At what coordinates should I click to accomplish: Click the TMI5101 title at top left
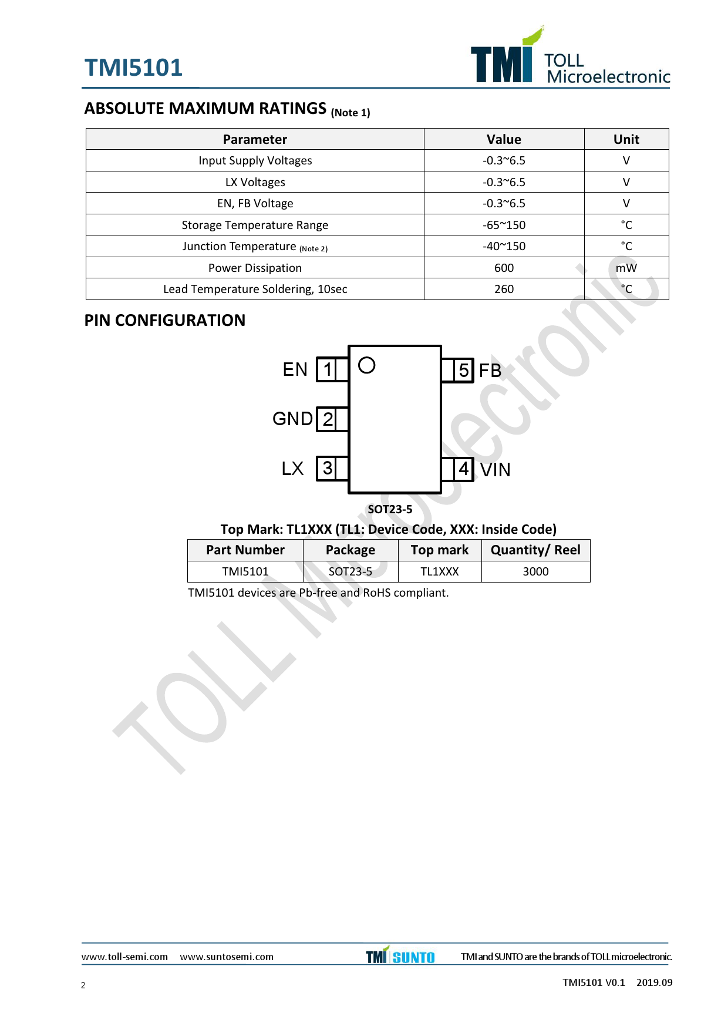133,68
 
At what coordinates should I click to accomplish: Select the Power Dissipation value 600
504,268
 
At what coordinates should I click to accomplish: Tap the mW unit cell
626,268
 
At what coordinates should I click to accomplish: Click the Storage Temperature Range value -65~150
504,225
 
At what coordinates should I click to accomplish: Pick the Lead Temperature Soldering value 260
504,289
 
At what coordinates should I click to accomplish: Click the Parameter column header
255,139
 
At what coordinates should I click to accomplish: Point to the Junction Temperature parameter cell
255,247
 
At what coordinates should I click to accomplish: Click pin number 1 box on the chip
327,369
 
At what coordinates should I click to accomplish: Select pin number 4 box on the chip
463,469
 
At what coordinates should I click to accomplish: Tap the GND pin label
292,419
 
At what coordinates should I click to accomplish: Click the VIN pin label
496,470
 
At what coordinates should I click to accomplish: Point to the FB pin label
490,371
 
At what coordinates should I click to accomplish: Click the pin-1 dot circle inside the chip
366,358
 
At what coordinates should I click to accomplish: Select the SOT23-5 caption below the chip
390,509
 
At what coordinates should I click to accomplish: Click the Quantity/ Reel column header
535,550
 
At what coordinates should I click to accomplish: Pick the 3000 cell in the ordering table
535,571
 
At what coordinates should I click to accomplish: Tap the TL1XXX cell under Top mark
440,571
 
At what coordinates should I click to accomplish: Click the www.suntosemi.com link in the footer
227,957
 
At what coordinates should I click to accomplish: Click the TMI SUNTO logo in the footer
400,955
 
